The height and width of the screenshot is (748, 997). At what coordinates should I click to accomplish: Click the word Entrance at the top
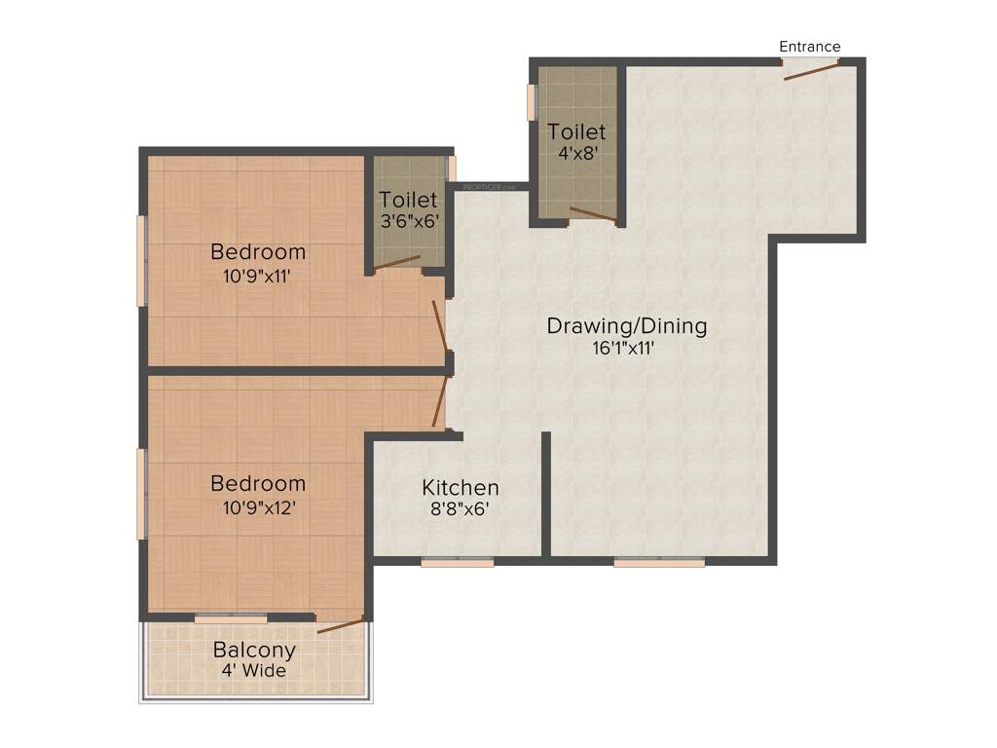(x=809, y=47)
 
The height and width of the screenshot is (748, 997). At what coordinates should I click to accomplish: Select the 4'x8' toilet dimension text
(x=576, y=153)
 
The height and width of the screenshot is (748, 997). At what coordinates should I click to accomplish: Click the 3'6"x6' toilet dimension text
(x=409, y=221)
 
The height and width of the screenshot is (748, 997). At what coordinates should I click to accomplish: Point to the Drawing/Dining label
(x=626, y=325)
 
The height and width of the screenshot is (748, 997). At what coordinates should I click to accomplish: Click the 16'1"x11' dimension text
(x=626, y=348)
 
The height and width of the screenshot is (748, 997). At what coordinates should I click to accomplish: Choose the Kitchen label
(x=460, y=487)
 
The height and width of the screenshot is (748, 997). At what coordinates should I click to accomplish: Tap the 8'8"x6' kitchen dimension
(x=460, y=508)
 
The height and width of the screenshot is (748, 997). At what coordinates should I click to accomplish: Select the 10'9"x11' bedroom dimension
(x=258, y=276)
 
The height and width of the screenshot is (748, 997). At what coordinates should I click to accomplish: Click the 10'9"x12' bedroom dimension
(x=258, y=506)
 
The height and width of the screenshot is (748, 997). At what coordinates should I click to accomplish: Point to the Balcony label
(x=254, y=650)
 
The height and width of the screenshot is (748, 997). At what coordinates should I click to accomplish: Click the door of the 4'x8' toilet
(x=592, y=215)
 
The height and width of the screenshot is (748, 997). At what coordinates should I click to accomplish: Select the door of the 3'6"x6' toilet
(x=397, y=262)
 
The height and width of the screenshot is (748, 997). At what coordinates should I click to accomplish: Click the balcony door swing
(x=341, y=624)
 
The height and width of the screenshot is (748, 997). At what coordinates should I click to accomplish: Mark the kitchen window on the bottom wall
(x=458, y=562)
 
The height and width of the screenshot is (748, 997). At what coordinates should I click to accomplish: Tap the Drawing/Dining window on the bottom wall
(x=659, y=562)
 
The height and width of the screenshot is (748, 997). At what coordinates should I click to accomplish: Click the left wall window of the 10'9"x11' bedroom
(x=142, y=261)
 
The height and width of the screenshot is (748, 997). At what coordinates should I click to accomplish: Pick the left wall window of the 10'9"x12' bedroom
(x=142, y=494)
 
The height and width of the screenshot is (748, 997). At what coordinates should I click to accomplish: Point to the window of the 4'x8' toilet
(x=533, y=102)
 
